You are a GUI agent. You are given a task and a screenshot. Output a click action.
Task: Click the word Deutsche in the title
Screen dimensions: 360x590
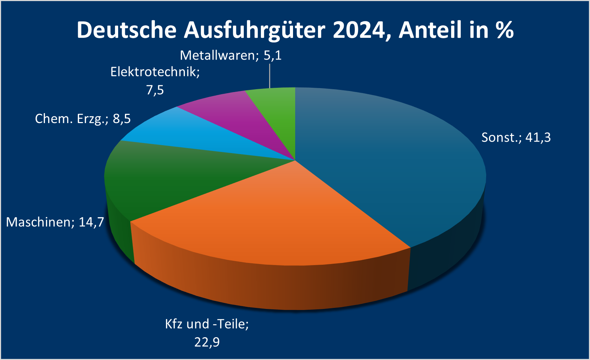tap(126, 30)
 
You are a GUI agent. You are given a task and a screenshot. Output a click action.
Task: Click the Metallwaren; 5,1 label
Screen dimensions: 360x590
tap(231, 55)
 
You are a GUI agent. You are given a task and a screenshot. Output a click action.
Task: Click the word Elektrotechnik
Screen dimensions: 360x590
tap(155, 72)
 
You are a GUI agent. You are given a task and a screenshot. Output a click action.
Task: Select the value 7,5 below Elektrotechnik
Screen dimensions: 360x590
tap(155, 90)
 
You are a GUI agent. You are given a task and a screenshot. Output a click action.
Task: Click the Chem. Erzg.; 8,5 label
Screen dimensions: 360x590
tap(83, 118)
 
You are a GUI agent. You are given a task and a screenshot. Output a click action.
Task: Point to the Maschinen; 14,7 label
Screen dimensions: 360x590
tap(55, 222)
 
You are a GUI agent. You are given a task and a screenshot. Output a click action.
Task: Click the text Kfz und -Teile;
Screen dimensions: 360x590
tap(207, 324)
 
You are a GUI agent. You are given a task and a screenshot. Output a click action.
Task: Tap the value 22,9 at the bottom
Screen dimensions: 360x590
tap(207, 342)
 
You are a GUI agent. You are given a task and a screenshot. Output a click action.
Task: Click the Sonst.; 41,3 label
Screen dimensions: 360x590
tap(516, 137)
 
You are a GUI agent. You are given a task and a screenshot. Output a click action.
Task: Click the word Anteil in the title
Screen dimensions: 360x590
tap(431, 30)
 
